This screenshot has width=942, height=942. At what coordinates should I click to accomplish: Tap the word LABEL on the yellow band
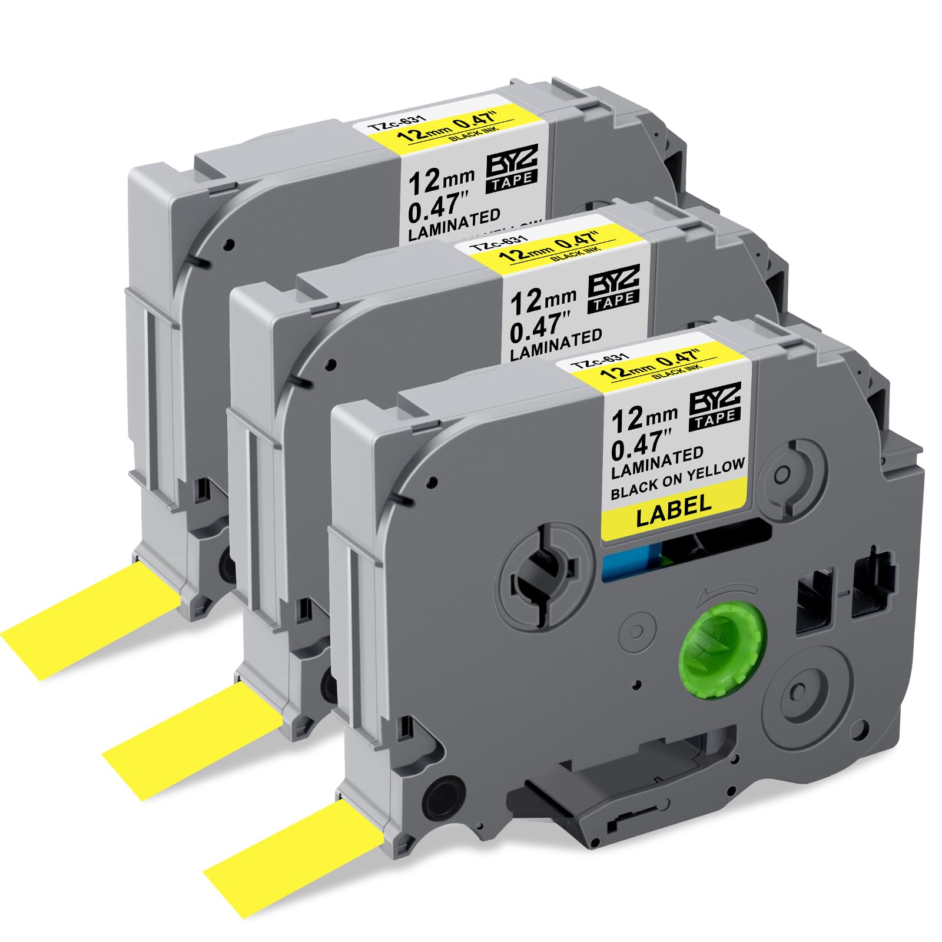click(674, 505)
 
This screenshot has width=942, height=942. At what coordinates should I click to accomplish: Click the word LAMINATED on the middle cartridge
click(555, 344)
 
